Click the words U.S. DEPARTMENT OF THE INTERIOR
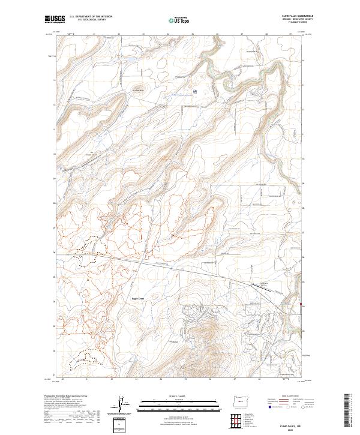click(x=90, y=17)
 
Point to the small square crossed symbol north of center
click(x=195, y=91)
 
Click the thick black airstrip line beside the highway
click(x=259, y=287)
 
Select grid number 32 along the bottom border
click(x=112, y=379)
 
